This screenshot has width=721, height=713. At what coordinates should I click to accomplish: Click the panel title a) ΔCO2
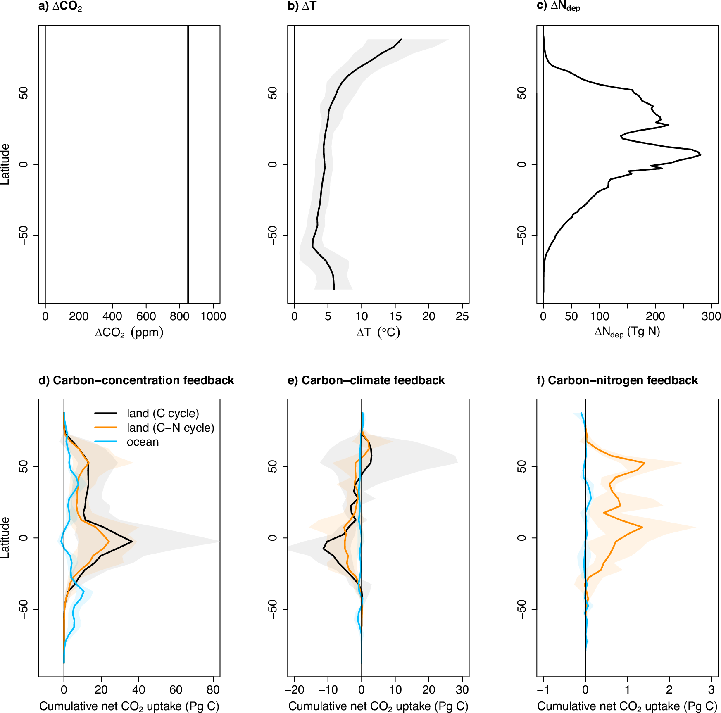click(x=60, y=7)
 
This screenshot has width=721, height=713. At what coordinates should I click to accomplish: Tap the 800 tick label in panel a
click(x=179, y=316)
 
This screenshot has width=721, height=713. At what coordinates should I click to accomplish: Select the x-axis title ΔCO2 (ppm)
click(x=129, y=333)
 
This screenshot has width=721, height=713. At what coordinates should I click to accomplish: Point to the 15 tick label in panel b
click(x=395, y=316)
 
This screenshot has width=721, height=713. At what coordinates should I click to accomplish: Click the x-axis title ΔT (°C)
click(x=378, y=333)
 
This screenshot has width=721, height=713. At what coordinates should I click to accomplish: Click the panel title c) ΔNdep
click(x=558, y=7)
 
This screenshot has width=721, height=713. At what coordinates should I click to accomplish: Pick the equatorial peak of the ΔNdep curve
click(x=700, y=154)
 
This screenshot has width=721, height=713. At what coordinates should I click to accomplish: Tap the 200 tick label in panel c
click(x=655, y=316)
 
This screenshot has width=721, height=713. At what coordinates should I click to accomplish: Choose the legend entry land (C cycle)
click(x=163, y=413)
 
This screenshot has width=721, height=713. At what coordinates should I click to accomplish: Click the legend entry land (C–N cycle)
click(x=170, y=428)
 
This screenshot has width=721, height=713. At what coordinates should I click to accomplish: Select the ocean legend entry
click(x=143, y=442)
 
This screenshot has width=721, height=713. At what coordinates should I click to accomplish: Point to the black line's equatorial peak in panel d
click(x=132, y=541)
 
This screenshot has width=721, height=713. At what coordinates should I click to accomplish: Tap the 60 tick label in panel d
click(x=176, y=689)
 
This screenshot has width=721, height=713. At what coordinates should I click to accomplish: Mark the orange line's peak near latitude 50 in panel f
click(x=644, y=463)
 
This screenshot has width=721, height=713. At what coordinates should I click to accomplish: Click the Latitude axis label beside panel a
click(x=5, y=164)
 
